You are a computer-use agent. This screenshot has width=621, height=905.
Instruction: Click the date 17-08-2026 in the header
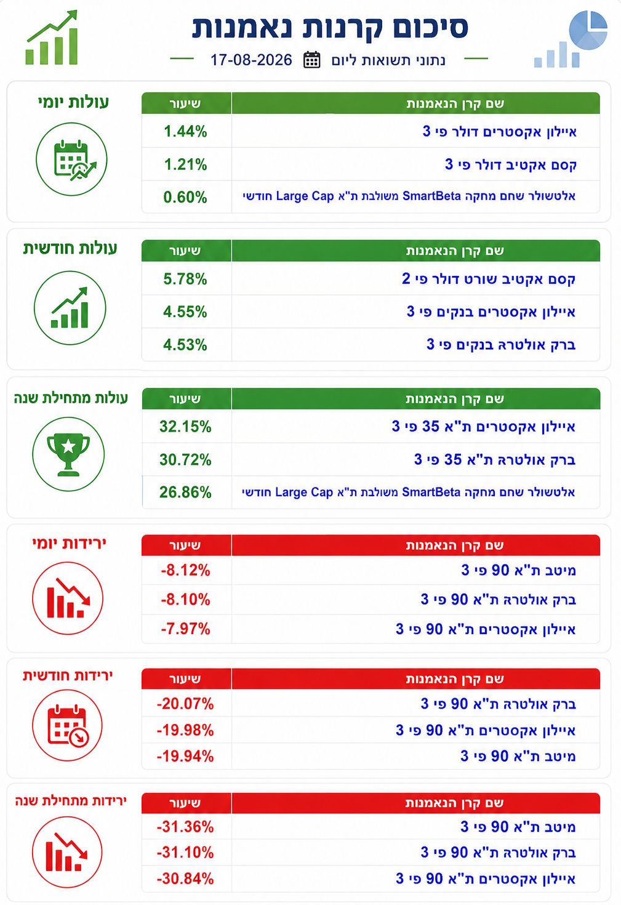(x=251, y=60)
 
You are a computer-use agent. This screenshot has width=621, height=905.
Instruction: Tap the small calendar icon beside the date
(x=311, y=60)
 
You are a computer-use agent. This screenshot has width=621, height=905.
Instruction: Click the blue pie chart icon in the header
(x=588, y=30)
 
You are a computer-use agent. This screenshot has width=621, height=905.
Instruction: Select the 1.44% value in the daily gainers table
(x=185, y=131)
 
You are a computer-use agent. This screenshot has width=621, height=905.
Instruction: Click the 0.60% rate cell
(x=185, y=197)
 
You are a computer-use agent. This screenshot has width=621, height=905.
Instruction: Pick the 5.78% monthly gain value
(x=185, y=279)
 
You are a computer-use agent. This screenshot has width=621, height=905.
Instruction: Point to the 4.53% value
(x=185, y=345)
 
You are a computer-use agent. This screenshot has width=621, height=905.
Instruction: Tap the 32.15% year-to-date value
(x=185, y=427)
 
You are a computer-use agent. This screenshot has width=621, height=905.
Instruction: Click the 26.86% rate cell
(x=185, y=492)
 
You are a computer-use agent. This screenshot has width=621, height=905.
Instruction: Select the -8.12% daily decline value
(x=185, y=570)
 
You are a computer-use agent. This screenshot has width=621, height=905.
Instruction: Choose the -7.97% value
(x=185, y=629)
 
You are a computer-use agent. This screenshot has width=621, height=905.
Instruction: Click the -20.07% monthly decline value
(x=185, y=704)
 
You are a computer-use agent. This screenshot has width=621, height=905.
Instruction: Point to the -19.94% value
(x=185, y=756)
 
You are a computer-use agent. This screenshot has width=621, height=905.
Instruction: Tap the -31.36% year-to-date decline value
(x=185, y=827)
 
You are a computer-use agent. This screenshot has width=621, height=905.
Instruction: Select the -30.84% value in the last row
(x=185, y=879)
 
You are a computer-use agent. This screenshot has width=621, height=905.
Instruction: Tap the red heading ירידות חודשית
(x=68, y=675)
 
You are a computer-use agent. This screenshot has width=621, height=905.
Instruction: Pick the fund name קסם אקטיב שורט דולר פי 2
(x=489, y=279)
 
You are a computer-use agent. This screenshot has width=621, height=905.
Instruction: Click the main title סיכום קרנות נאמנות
(x=330, y=28)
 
